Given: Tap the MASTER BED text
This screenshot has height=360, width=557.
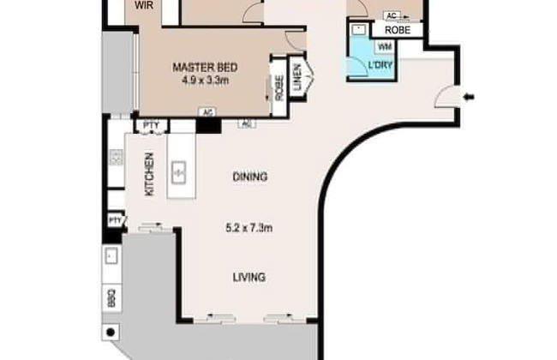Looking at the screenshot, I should [x=205, y=69].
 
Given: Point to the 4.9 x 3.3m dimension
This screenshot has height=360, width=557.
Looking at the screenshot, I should [x=205, y=81].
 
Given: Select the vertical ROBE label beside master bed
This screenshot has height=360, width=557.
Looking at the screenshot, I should [x=279, y=87].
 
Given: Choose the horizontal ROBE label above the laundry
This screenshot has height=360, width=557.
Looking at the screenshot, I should [x=397, y=30].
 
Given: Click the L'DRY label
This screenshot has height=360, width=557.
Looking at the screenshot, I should [x=380, y=66].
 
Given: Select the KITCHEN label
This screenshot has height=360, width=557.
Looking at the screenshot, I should [x=149, y=174].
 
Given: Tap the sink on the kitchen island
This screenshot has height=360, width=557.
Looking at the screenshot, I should [x=180, y=172].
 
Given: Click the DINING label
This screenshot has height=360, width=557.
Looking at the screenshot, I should [x=249, y=177].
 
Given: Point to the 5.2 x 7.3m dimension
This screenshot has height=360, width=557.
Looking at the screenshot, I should [x=249, y=228].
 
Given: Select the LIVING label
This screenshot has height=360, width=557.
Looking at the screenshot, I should [x=248, y=277].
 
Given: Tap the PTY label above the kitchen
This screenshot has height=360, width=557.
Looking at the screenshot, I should [x=151, y=126].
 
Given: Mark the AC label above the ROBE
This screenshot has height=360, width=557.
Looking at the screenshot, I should [x=392, y=16].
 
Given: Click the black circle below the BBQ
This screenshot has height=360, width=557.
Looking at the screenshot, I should [x=111, y=332].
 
